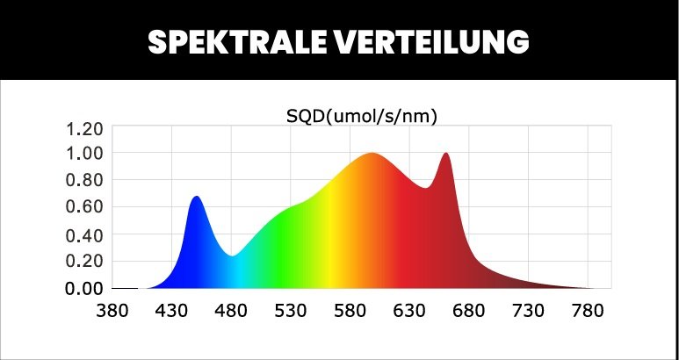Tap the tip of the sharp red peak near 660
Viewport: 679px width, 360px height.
446,154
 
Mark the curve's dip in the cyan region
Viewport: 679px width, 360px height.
232,256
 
